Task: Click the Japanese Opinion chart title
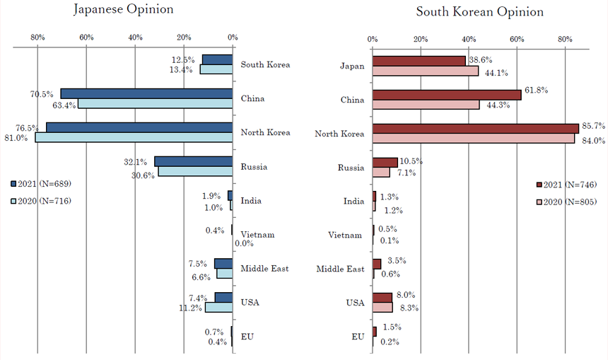[124, 10]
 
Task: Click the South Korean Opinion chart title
[480, 12]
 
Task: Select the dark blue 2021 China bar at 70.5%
[146, 93]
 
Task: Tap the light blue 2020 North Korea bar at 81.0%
[134, 137]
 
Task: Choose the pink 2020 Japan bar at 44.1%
[426, 71]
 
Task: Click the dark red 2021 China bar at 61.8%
[447, 95]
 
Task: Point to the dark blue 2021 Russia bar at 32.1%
[194, 161]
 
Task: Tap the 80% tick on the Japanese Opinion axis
[38, 37]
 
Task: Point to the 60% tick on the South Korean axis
[517, 40]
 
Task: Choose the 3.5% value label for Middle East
[397, 261]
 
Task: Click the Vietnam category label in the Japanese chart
[257, 235]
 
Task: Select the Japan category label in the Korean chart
[352, 66]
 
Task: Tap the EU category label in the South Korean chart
[358, 337]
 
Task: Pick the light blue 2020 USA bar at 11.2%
[218, 308]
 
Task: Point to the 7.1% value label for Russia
[406, 173]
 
